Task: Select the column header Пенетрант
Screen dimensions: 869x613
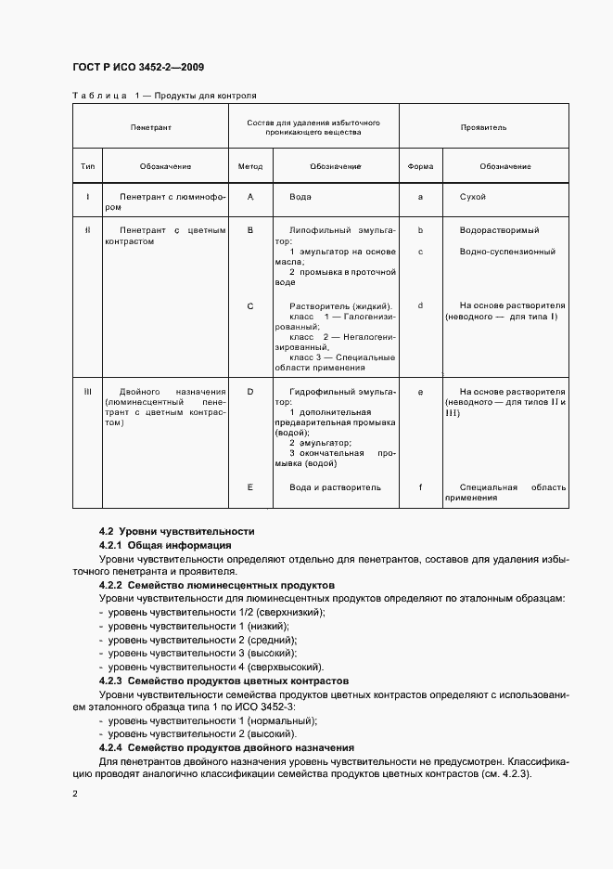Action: (151, 125)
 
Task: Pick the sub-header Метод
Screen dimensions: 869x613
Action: (250, 166)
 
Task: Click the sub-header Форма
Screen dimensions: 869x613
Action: (420, 166)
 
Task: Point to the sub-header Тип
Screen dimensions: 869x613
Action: (88, 166)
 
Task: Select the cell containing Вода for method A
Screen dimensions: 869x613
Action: (300, 197)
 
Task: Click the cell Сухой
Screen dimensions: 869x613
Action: (472, 197)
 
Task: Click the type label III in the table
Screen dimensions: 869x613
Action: (88, 392)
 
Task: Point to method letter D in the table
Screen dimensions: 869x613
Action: (250, 392)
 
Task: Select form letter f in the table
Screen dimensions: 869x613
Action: (420, 486)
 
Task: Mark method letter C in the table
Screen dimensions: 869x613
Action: (250, 305)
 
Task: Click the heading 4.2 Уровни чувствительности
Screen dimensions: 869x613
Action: (176, 531)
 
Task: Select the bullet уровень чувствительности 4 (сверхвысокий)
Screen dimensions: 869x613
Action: (215, 667)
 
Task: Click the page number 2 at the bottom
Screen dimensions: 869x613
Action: (75, 794)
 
